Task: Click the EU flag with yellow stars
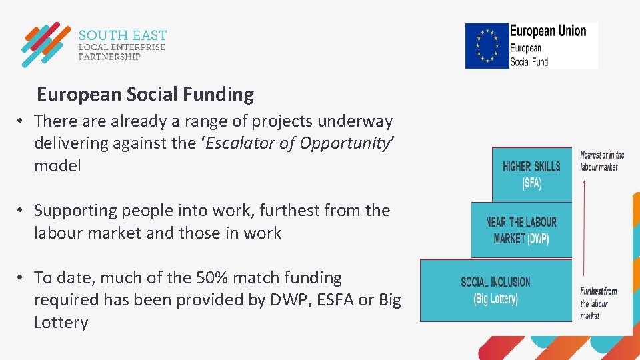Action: pos(487,45)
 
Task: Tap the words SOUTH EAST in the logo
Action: pos(123,35)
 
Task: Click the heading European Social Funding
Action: pos(145,95)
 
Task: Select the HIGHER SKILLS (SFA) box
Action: pos(531,174)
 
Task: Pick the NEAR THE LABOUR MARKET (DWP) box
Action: pos(521,230)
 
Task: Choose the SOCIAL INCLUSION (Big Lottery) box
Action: pos(495,290)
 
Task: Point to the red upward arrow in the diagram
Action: pos(585,227)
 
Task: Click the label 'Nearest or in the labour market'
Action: pos(602,161)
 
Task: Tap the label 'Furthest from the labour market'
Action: pos(598,303)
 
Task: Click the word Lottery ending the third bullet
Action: pos(61,323)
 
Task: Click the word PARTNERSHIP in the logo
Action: pos(109,57)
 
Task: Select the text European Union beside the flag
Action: pos(548,31)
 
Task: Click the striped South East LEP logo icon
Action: pos(45,45)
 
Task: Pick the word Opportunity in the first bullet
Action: pos(344,143)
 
